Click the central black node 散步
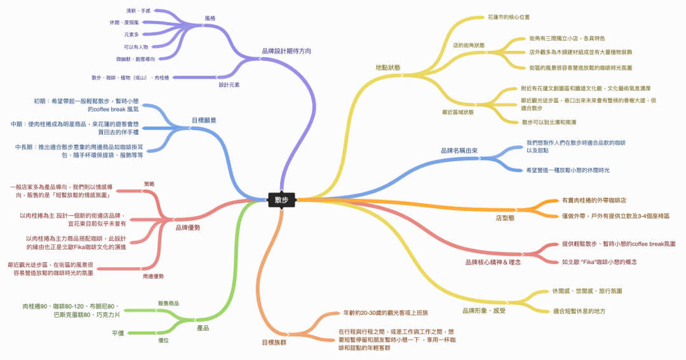pyautogui.click(x=281, y=199)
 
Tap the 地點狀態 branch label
pyautogui.click(x=387, y=67)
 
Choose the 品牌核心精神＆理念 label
pyautogui.click(x=493, y=262)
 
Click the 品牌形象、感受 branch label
pyautogui.click(x=483, y=310)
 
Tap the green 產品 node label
pyautogui.click(x=203, y=328)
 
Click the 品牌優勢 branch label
pyautogui.click(x=188, y=227)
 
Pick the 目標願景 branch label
pyautogui.click(x=203, y=119)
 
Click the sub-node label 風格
pyautogui.click(x=210, y=18)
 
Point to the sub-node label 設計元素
pyautogui.click(x=229, y=84)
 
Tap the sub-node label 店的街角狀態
pyautogui.click(x=468, y=45)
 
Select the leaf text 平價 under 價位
pyautogui.click(x=118, y=333)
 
